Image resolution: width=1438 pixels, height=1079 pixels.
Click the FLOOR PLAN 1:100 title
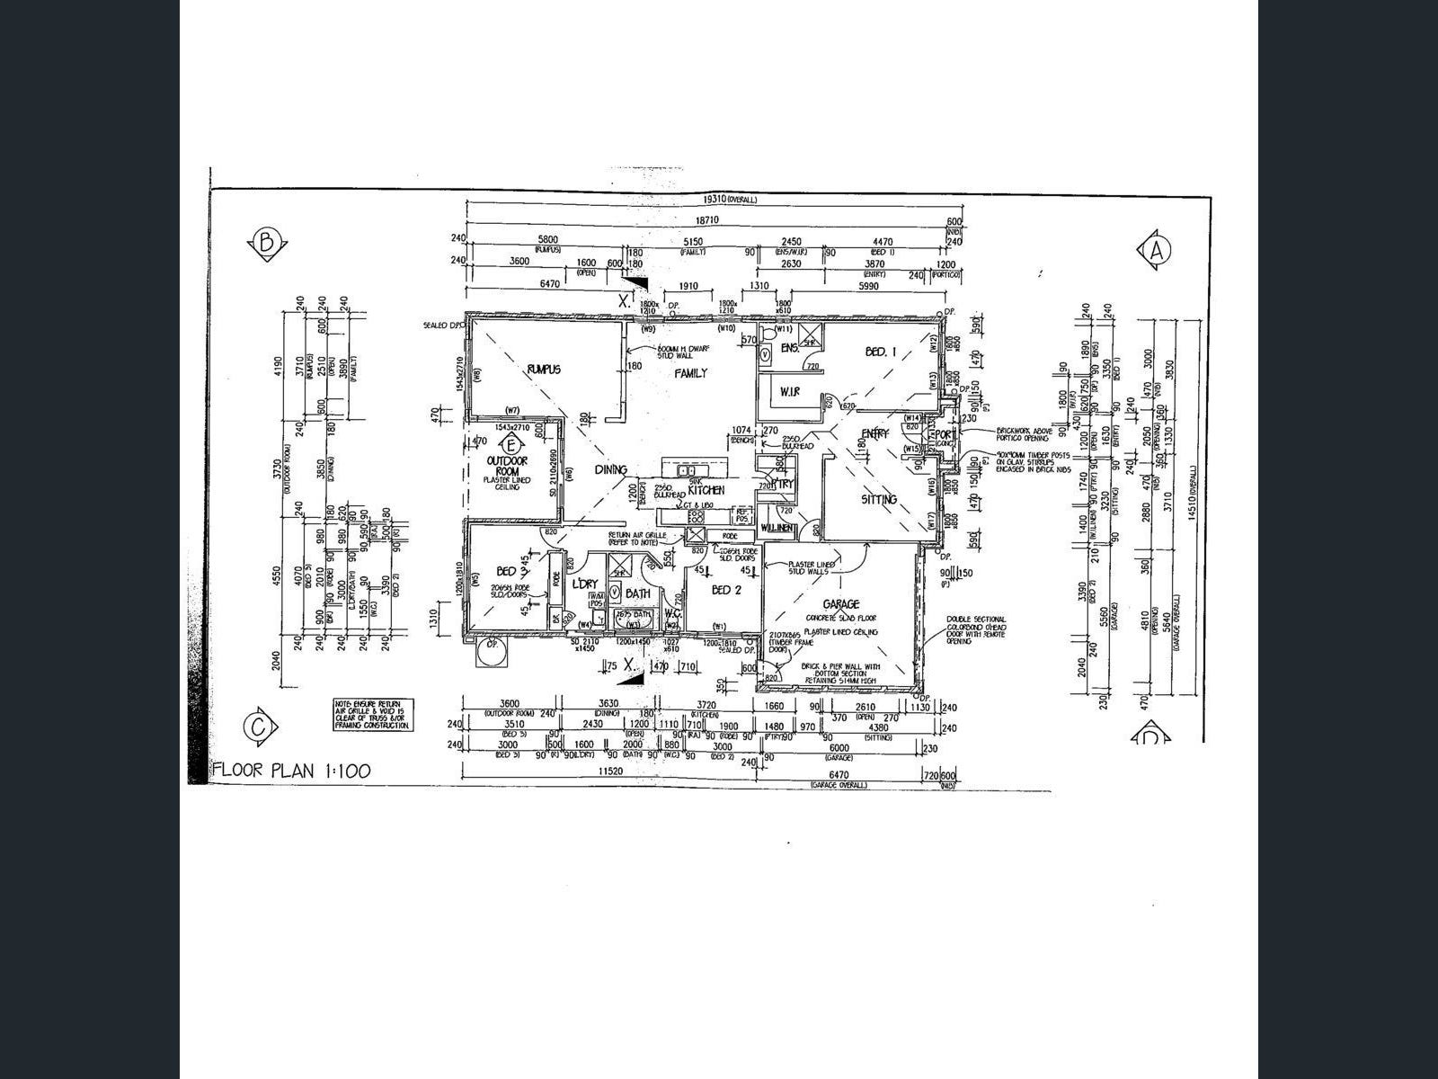pos(290,771)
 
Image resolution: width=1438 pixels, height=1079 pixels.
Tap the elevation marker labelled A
pos(1155,251)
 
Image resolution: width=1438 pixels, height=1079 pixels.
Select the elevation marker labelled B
pos(265,243)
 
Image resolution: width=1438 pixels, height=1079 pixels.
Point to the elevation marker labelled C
pos(259,727)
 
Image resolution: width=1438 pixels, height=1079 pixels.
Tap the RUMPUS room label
pos(545,369)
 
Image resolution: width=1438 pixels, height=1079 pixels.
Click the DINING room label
pos(610,469)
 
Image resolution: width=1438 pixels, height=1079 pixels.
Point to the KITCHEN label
pos(706,490)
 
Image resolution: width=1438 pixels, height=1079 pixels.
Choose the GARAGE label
pos(840,604)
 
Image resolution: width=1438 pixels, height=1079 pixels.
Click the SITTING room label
pos(878,499)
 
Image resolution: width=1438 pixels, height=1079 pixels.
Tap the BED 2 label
pos(725,590)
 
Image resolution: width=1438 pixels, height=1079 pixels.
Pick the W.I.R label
pos(789,391)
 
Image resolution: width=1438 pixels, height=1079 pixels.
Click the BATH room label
pos(637,593)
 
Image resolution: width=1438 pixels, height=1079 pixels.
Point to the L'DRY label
pos(585,584)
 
